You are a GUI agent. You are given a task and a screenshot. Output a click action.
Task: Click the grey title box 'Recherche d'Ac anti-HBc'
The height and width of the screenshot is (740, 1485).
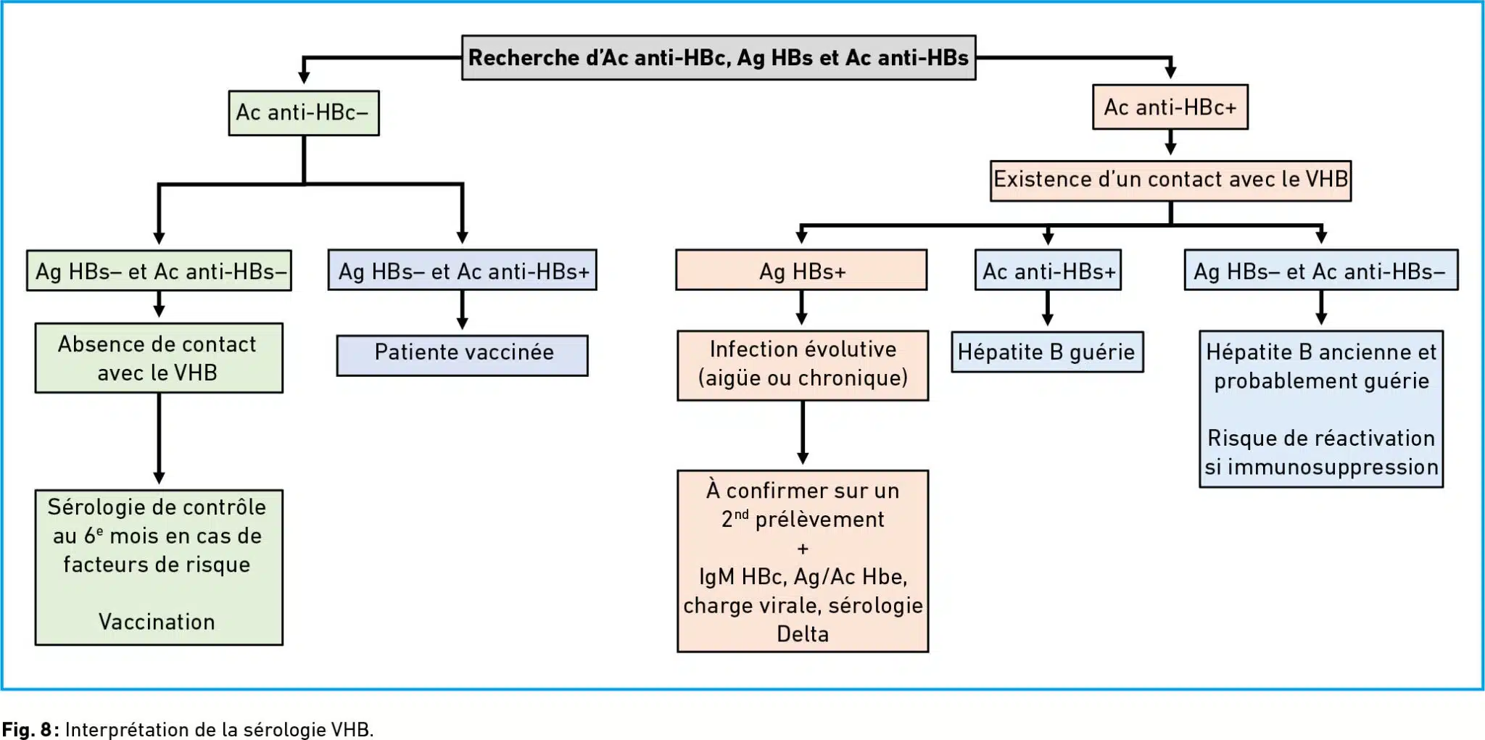pos(719,57)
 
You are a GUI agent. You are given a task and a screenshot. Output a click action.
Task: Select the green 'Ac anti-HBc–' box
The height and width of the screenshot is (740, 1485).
pos(304,112)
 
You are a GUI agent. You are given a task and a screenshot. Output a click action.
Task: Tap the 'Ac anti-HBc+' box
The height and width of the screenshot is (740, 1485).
pos(1170,107)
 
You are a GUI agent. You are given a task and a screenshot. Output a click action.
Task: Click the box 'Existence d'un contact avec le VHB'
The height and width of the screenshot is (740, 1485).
pos(1170,180)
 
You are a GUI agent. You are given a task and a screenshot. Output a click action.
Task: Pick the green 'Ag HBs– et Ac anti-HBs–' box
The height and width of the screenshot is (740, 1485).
pos(159,271)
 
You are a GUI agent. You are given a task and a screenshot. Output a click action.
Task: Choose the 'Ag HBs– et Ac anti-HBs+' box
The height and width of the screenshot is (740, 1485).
pos(463,270)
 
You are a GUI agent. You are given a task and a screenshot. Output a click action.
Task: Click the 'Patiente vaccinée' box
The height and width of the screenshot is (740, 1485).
pos(463,354)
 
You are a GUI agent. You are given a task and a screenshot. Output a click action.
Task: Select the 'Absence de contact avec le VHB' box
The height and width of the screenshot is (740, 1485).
pos(159,358)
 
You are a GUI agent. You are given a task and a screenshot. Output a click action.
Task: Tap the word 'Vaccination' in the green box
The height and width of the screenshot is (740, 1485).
pos(157,622)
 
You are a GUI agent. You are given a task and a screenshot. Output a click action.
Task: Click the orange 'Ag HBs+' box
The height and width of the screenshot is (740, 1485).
pos(801,270)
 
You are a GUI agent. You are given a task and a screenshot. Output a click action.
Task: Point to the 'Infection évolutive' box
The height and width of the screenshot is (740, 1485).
pos(803,365)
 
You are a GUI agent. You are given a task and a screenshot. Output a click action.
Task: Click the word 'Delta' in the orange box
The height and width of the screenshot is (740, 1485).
pos(803,634)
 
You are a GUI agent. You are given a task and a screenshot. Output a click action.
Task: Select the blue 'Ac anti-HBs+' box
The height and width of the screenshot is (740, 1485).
pos(1048,270)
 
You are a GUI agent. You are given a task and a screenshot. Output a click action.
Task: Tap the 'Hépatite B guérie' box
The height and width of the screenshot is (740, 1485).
pos(1047,352)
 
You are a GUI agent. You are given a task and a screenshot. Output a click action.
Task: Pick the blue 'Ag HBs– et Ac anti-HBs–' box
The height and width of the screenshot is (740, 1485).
pos(1321,270)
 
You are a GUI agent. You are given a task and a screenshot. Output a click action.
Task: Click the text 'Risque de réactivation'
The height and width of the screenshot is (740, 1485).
pos(1321,438)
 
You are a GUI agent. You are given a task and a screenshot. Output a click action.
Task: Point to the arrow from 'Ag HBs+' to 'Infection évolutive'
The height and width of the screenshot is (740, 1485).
pos(801,308)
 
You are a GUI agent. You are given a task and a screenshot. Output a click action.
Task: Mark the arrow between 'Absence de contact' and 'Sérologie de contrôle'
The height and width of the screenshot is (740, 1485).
pos(159,439)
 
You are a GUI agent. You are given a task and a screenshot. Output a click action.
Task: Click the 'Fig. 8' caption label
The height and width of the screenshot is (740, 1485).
pos(30,729)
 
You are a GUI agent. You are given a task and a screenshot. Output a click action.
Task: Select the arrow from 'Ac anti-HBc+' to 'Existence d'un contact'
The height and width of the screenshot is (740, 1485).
pos(1170,142)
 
